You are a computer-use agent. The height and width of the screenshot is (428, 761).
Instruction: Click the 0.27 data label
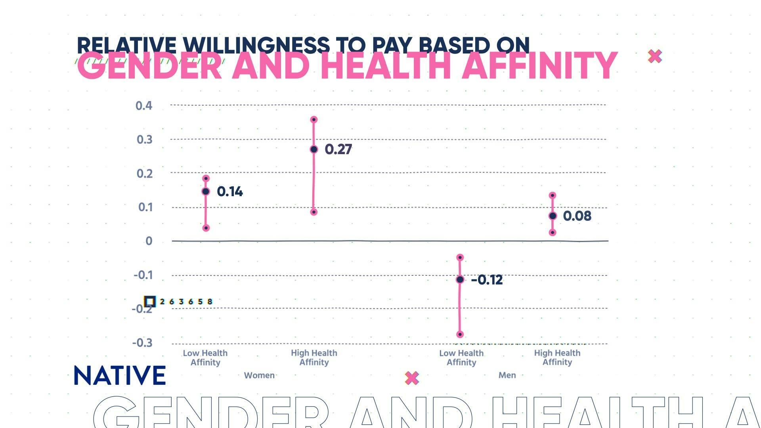pyautogui.click(x=338, y=149)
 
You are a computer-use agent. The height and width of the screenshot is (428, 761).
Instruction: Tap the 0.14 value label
pyautogui.click(x=229, y=192)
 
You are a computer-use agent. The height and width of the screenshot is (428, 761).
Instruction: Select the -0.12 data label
pyautogui.click(x=487, y=280)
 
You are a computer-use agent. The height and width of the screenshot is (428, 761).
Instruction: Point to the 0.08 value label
pyautogui.click(x=577, y=216)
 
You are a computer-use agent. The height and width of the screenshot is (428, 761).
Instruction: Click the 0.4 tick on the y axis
pyautogui.click(x=143, y=106)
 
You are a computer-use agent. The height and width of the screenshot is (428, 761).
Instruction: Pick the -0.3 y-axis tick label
pyautogui.click(x=142, y=343)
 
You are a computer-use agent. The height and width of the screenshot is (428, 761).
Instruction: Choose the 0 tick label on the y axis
pyautogui.click(x=149, y=241)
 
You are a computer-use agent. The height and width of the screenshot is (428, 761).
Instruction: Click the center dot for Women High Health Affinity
pyautogui.click(x=314, y=149)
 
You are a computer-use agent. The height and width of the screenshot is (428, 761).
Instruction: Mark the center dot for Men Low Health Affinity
pyautogui.click(x=460, y=280)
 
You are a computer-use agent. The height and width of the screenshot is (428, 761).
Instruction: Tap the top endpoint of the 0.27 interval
pyautogui.click(x=314, y=120)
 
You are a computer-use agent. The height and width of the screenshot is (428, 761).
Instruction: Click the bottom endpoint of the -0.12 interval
pyautogui.click(x=460, y=334)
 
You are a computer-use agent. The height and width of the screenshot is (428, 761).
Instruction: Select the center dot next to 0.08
pyautogui.click(x=553, y=216)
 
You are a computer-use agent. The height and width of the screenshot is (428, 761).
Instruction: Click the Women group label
pyautogui.click(x=259, y=375)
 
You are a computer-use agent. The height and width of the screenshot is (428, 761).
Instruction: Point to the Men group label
pyautogui.click(x=507, y=375)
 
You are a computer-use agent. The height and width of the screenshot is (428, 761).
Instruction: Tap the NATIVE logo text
pyautogui.click(x=120, y=375)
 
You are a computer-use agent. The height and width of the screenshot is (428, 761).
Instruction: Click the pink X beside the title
pyautogui.click(x=655, y=56)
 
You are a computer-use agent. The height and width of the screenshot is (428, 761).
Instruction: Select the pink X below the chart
pyautogui.click(x=412, y=378)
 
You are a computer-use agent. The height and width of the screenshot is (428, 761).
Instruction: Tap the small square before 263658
pyautogui.click(x=149, y=302)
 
